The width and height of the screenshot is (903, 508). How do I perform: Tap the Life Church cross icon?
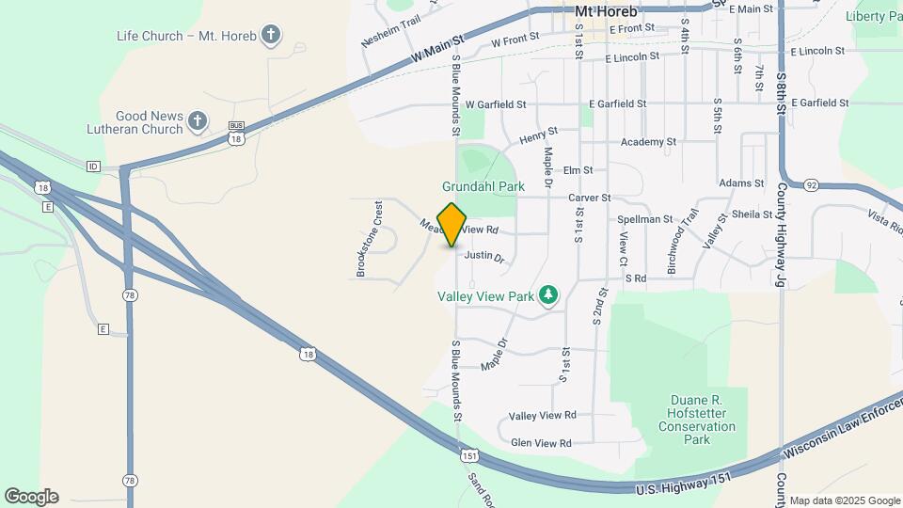[x=272, y=36]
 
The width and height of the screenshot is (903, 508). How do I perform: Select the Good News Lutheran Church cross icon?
[x=197, y=120]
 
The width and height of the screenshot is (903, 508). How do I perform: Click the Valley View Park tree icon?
[x=547, y=296]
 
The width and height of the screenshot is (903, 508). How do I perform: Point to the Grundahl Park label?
[x=483, y=186]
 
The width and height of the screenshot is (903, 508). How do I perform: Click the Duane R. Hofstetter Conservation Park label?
[x=696, y=420]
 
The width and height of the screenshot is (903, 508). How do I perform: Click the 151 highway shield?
[x=469, y=455]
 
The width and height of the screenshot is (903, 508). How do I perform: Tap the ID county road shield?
[x=93, y=167]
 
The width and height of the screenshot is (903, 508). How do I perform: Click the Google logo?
[x=31, y=497]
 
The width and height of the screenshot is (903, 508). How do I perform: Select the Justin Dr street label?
[x=484, y=255]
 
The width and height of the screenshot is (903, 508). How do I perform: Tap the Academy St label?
[x=648, y=142]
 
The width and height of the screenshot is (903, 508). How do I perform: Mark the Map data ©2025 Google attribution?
[x=844, y=500]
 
